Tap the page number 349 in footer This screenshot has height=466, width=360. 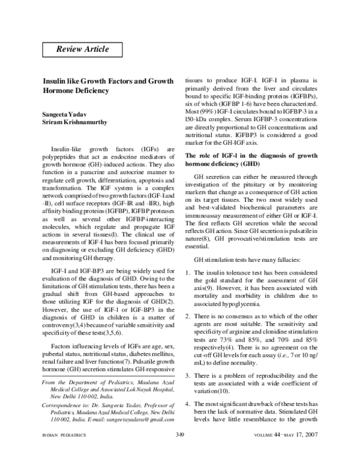(x=180, y=452)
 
